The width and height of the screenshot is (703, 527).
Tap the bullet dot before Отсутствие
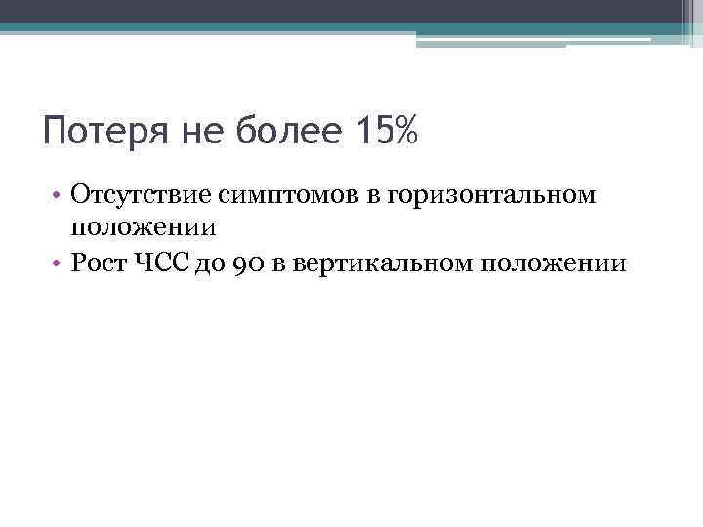(60, 198)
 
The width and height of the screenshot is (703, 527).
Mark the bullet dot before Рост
(60, 263)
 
